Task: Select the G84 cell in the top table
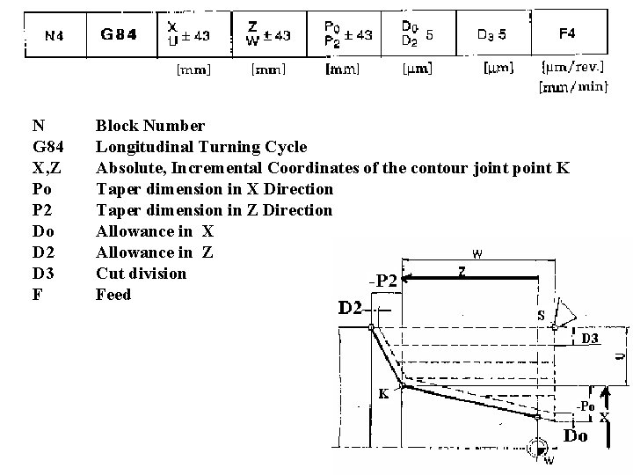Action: (x=119, y=35)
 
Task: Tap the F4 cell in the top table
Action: (x=568, y=33)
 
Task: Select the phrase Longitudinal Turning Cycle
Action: (x=201, y=147)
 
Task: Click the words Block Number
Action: (x=150, y=126)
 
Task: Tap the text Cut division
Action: (x=141, y=274)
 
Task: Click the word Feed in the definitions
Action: (x=113, y=295)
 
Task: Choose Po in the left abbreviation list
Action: (x=41, y=189)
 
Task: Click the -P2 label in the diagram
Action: (x=383, y=281)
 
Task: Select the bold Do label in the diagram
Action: (x=576, y=436)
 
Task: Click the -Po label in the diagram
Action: (x=585, y=406)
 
